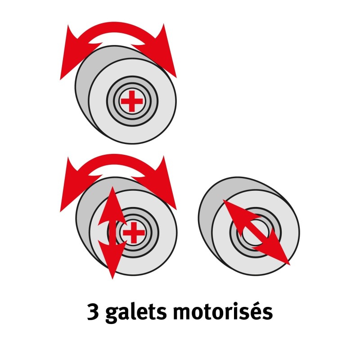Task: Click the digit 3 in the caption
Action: (93, 312)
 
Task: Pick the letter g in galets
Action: (112, 315)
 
